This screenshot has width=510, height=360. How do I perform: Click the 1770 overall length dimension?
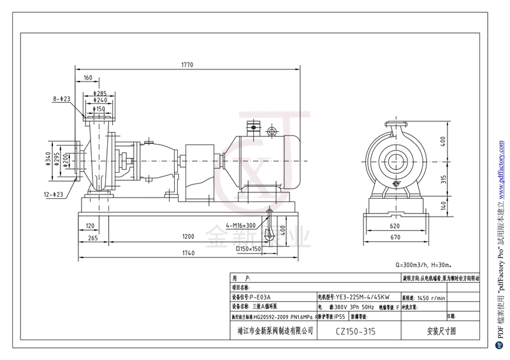tap(187, 65)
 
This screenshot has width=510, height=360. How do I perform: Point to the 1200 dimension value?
tap(187, 236)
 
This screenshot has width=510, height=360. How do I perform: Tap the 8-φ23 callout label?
tap(62, 99)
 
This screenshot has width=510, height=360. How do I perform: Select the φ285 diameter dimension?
tap(100, 94)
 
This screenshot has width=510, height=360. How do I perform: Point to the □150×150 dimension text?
tap(247, 248)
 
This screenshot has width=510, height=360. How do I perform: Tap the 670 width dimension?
tap(395, 237)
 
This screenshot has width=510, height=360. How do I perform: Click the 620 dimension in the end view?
tap(395, 226)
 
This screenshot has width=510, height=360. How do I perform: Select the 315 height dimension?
tap(442, 179)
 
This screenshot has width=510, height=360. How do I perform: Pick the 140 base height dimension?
tap(442, 205)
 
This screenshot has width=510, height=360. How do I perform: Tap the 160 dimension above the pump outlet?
tap(87, 78)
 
